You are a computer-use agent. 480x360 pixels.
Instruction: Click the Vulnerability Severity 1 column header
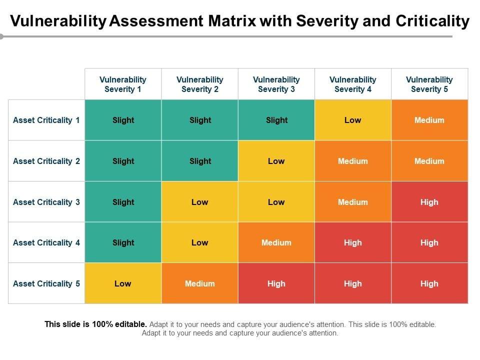click(x=123, y=84)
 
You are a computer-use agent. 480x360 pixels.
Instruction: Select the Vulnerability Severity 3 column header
click(x=276, y=84)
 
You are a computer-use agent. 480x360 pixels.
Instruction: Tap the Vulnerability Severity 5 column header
click(x=429, y=84)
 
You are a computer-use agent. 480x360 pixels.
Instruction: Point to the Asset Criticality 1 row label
click(x=46, y=120)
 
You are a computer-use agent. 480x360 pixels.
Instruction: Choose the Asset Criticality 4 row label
click(x=46, y=242)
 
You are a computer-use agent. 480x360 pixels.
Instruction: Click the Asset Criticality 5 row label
click(x=46, y=283)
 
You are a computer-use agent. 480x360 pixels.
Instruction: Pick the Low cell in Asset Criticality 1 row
click(x=353, y=120)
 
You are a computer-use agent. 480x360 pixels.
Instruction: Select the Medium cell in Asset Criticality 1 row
click(x=429, y=120)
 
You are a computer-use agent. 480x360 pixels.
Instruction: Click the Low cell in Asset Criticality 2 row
click(x=276, y=161)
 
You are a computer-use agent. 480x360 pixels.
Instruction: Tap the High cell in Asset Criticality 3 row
click(x=429, y=202)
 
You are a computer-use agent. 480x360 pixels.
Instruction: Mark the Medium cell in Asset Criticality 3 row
click(x=353, y=202)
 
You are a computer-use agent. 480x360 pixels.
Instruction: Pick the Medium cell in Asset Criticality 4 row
click(x=276, y=242)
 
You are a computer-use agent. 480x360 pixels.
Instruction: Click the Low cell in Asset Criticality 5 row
click(x=123, y=283)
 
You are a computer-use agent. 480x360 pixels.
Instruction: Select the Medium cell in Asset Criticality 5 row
click(x=200, y=283)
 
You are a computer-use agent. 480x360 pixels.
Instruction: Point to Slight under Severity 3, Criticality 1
click(x=276, y=120)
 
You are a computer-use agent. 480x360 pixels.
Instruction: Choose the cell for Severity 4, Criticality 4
click(x=353, y=242)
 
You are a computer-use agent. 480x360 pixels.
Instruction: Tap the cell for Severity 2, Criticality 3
click(x=200, y=202)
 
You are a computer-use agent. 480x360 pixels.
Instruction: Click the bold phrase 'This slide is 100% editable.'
click(x=96, y=324)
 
